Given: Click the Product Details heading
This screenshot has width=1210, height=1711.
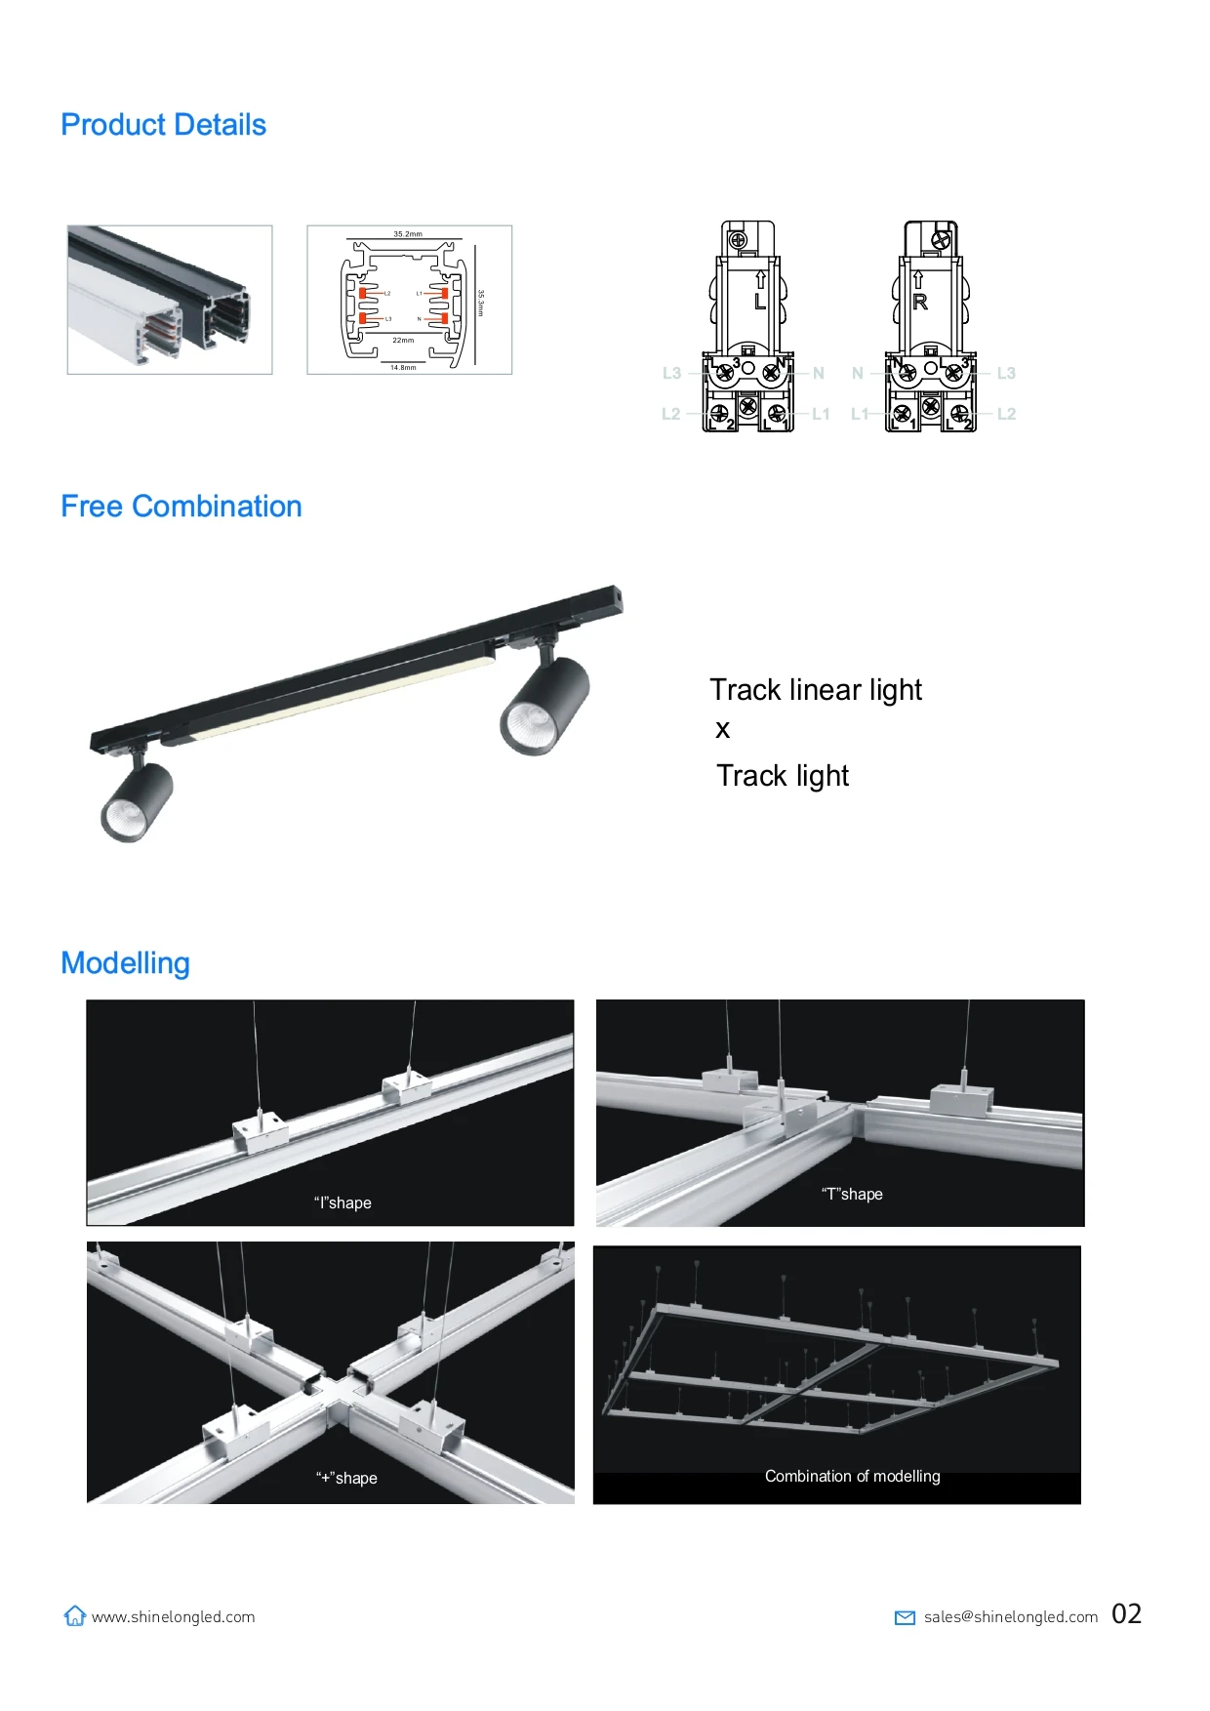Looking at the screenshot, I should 163,125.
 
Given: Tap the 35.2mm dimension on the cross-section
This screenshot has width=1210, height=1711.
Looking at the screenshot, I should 408,234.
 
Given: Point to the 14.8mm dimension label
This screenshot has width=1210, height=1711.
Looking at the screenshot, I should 403,368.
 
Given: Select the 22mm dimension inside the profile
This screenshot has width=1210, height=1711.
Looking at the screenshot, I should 403,341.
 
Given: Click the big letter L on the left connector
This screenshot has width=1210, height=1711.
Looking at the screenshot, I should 759,302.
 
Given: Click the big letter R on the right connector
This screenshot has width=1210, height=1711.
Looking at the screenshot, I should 919,303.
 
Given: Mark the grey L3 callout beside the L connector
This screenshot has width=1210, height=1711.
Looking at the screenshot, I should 671,373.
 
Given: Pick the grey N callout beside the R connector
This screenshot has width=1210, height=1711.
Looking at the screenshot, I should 858,373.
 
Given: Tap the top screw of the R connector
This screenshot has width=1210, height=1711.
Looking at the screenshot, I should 942,239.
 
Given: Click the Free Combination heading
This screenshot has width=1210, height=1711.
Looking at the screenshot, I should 181,507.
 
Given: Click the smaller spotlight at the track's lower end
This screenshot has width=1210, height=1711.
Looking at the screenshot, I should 136,803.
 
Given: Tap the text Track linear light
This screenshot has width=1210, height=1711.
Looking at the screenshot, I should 815,690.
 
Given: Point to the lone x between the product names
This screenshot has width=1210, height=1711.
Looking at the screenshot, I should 722,730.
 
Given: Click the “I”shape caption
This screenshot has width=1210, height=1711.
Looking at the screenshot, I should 343,1202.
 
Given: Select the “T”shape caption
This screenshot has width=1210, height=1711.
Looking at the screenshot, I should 852,1194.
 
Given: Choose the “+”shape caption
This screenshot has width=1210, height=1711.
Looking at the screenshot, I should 346,1478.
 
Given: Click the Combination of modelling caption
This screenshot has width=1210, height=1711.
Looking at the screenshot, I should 852,1476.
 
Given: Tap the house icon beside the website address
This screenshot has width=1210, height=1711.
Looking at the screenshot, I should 75,1616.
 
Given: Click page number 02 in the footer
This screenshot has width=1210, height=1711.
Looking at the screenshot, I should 1126,1614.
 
